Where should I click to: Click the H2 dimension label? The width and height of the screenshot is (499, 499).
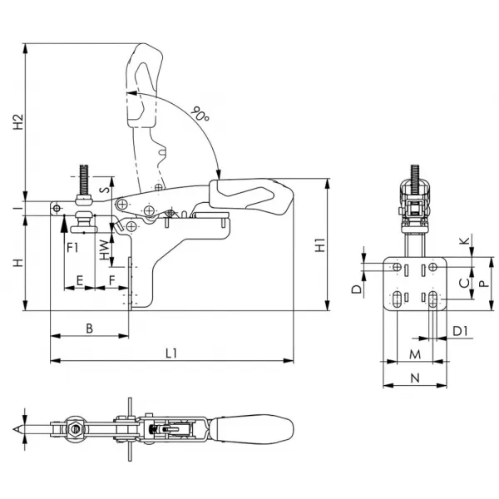pyautogui.click(x=18, y=121)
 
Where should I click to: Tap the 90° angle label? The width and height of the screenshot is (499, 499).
pyautogui.click(x=200, y=114)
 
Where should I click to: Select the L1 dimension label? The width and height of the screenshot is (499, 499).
pyautogui.click(x=171, y=353)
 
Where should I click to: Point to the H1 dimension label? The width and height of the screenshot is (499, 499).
pyautogui.click(x=320, y=245)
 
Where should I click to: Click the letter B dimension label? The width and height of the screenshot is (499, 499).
pyautogui.click(x=90, y=329)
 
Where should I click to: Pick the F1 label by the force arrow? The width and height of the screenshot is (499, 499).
pyautogui.click(x=72, y=247)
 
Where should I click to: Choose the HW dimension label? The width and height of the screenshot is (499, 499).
pyautogui.click(x=104, y=250)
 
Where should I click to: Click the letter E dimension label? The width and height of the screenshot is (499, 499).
pyautogui.click(x=80, y=281)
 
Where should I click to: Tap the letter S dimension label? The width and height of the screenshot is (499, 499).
pyautogui.click(x=105, y=190)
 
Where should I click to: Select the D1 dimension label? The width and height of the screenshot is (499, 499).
pyautogui.click(x=460, y=331)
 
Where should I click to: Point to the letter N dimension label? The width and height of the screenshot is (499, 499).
pyautogui.click(x=415, y=378)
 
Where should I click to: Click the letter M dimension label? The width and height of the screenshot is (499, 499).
pyautogui.click(x=415, y=354)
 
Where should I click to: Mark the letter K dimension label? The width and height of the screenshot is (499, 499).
pyautogui.click(x=465, y=240)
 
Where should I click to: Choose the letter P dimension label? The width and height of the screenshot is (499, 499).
pyautogui.click(x=484, y=284)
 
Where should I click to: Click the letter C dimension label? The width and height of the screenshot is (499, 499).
pyautogui.click(x=465, y=283)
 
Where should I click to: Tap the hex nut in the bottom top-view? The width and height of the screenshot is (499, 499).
pyautogui.click(x=76, y=429)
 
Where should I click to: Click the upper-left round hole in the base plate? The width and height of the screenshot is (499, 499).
pyautogui.click(x=397, y=267)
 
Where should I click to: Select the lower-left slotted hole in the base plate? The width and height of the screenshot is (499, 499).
pyautogui.click(x=397, y=299)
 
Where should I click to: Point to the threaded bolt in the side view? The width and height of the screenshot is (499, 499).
pyautogui.click(x=84, y=180)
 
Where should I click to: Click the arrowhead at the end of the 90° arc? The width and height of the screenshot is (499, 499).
pyautogui.click(x=218, y=175)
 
